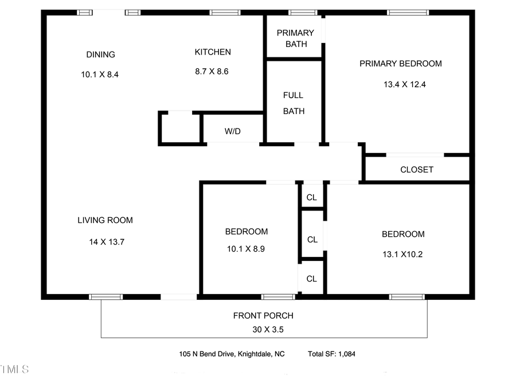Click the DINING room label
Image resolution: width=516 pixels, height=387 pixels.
tap(100, 54)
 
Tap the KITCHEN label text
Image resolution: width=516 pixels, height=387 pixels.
tap(213, 52)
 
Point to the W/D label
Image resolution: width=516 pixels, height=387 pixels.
tap(232, 131)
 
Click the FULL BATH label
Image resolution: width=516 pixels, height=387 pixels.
tap(294, 103)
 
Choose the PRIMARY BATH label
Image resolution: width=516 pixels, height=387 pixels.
tap(295, 38)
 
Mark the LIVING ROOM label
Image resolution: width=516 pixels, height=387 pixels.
tap(105, 220)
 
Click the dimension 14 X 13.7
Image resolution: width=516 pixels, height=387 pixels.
tap(107, 242)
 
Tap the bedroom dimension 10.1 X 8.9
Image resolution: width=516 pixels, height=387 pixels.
tap(246, 249)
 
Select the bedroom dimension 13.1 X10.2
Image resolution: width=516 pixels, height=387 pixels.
tap(402, 255)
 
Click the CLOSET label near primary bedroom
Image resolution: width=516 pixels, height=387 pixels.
tap(417, 170)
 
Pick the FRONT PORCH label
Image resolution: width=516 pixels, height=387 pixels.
tap(263, 315)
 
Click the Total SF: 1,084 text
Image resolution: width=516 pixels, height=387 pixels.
tap(331, 354)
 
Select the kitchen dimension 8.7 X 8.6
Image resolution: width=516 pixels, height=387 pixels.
tap(212, 72)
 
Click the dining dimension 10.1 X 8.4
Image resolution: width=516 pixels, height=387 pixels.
tap(100, 75)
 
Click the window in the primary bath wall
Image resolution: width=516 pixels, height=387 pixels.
tap(303, 12)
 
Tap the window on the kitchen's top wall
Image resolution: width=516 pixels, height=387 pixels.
tap(225, 12)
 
